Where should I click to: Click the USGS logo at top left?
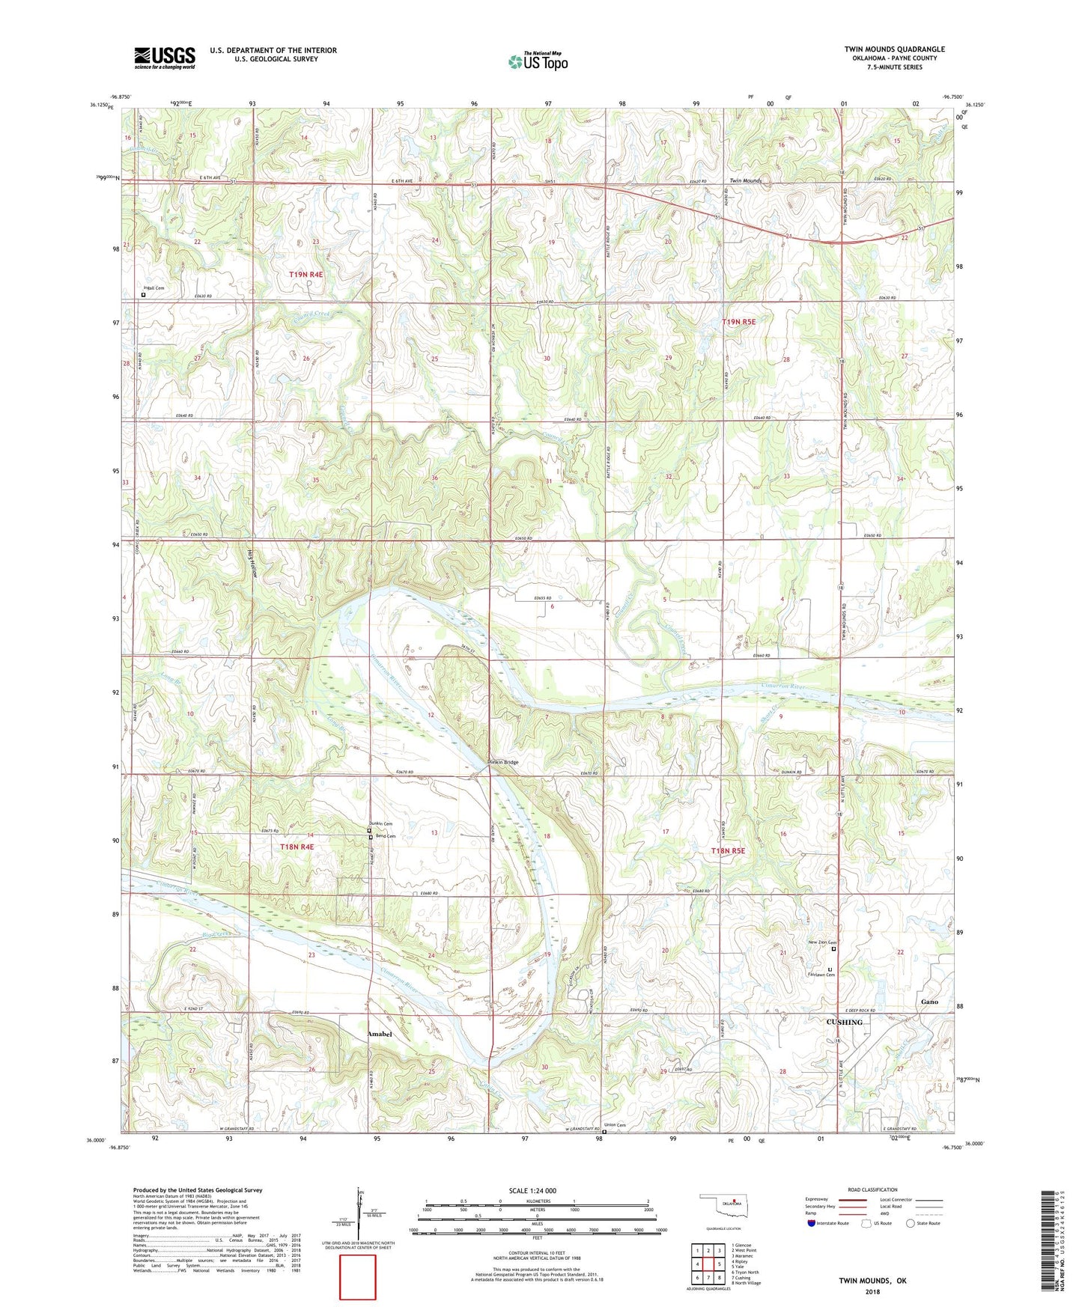tap(164, 57)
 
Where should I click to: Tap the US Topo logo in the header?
tap(538, 61)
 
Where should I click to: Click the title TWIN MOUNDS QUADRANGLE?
tap(894, 49)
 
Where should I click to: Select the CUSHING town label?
tap(844, 1022)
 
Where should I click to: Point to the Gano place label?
tap(929, 1002)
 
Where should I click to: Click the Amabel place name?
tap(380, 1034)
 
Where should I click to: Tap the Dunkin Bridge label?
tap(502, 762)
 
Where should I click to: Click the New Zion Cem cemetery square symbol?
tap(834, 948)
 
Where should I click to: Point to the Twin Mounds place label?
tap(745, 181)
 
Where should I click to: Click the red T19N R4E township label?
tap(306, 275)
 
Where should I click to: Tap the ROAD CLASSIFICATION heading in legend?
tap(873, 1189)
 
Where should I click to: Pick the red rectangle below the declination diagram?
tap(358, 1277)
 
